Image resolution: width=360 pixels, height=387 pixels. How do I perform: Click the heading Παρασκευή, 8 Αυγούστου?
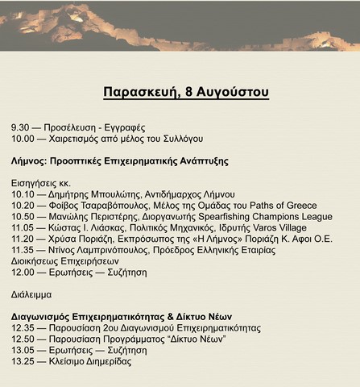point(186,92)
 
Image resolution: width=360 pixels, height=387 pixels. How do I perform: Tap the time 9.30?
point(21,128)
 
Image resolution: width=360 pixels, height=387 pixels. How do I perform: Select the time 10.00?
point(23,139)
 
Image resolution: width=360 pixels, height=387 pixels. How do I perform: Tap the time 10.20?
point(23,206)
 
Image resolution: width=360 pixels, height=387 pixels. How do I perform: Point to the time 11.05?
point(23,228)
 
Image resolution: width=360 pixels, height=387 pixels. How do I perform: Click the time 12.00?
point(23,273)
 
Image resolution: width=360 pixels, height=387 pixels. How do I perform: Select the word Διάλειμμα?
point(33,295)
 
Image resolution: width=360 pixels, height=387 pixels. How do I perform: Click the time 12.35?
point(23,328)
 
